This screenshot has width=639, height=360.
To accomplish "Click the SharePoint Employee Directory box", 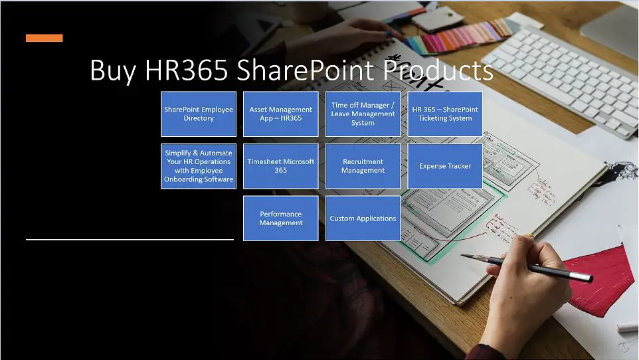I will (199, 114).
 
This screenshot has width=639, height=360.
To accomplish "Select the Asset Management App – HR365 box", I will (280, 114).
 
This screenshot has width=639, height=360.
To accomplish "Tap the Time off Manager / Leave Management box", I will (363, 114).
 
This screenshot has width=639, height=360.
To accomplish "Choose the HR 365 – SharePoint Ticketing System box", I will (445, 114).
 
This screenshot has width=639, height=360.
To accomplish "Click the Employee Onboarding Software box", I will (199, 166).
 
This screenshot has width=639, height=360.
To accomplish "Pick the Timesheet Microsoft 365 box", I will (280, 166).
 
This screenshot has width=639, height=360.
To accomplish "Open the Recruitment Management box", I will (363, 166).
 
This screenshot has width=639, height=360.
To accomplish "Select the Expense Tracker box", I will (445, 166).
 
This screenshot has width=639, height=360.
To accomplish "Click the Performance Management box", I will (280, 219).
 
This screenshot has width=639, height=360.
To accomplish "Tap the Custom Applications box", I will (363, 219).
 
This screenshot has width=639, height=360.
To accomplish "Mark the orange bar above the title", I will (45, 38).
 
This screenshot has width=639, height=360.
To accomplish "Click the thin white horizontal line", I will (130, 238).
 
